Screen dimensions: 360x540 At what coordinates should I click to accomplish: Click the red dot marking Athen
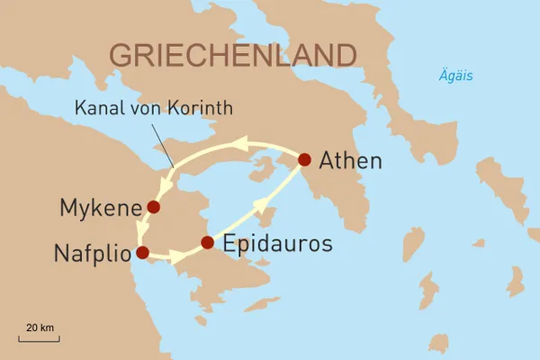(304, 159)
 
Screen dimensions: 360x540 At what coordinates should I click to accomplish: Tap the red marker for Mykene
(153, 207)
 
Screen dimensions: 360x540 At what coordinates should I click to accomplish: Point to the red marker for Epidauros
(207, 242)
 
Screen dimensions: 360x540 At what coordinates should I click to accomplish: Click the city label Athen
(351, 162)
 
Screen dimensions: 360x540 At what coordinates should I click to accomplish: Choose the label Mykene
(98, 209)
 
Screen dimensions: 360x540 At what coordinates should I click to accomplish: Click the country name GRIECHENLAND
(231, 54)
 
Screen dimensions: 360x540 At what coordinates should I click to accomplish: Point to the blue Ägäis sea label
(456, 76)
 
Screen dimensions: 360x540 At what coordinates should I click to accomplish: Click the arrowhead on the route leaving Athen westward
(240, 142)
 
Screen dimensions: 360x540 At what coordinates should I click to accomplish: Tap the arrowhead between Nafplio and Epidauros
(177, 259)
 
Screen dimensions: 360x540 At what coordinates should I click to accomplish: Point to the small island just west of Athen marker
(264, 167)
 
